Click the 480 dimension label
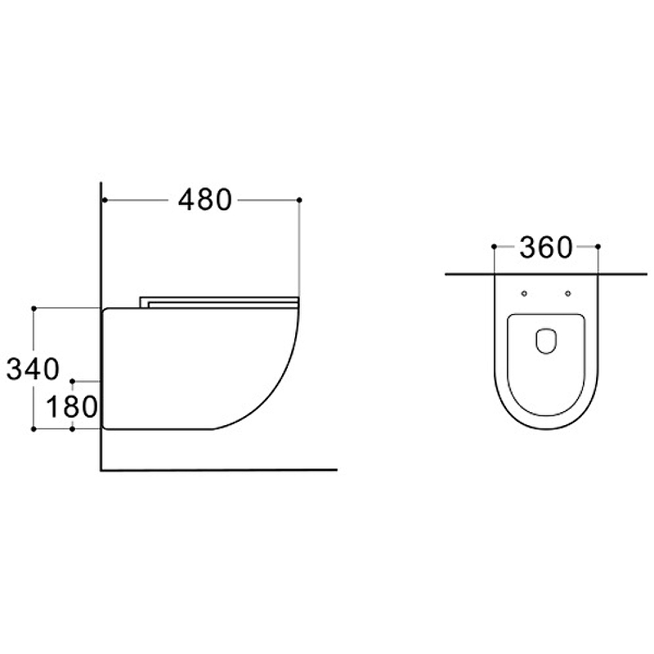204,200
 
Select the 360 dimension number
546,248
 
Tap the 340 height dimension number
33,370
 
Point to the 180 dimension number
71,406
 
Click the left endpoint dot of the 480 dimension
105,200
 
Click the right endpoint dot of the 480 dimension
299,200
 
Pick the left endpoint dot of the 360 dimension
495,247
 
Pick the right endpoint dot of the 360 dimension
598,247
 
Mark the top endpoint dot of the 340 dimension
34,308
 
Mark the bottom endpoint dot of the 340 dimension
34,428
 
